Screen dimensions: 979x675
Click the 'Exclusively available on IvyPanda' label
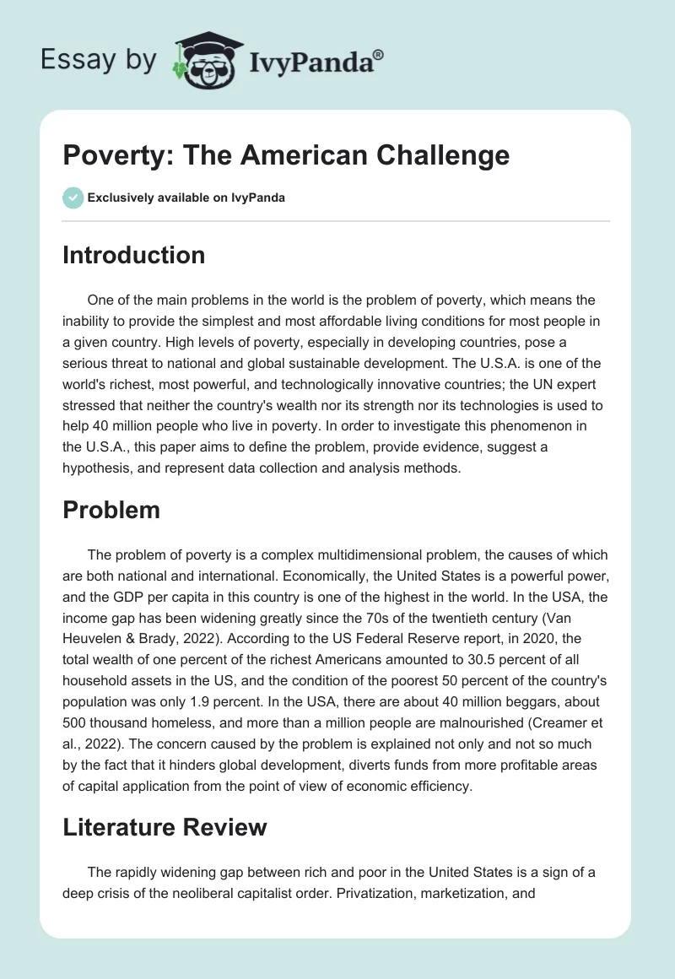pos(186,198)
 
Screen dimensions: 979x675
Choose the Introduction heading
pos(133,254)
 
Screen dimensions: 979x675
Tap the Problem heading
pos(111,509)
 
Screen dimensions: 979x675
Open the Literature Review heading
pos(165,827)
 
